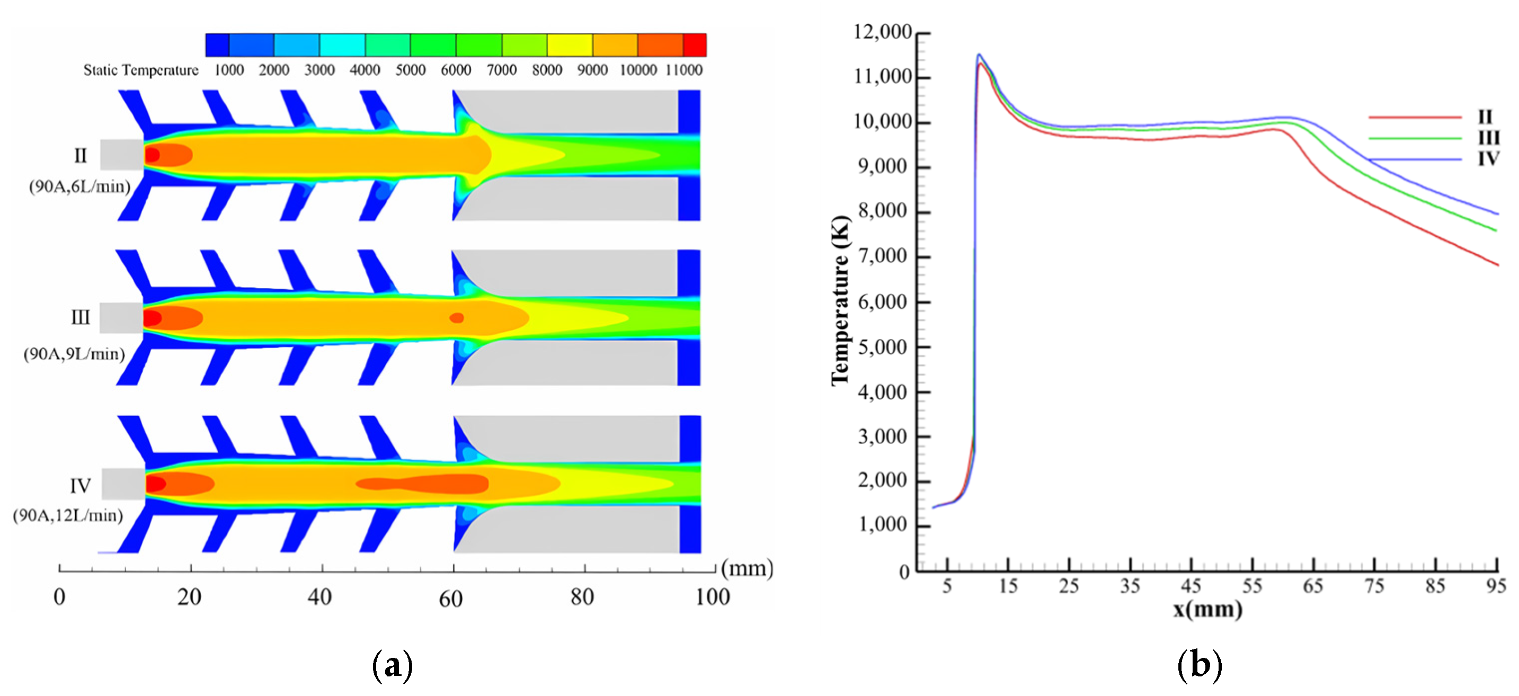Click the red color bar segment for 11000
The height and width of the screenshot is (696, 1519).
[x=695, y=45]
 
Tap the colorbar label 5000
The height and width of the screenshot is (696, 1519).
[x=411, y=70]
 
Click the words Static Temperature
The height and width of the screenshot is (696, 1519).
[x=141, y=70]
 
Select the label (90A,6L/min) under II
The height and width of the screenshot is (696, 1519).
[x=79, y=187]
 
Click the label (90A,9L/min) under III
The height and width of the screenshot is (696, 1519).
[x=74, y=354]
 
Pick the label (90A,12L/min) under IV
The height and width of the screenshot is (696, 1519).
[x=68, y=516]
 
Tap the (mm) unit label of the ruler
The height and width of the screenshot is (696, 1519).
[x=747, y=568]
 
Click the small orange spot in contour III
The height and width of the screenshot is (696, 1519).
[x=456, y=318]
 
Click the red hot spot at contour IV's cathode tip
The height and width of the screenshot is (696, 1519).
[x=155, y=484]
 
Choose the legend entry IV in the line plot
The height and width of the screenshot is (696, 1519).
[x=1488, y=159]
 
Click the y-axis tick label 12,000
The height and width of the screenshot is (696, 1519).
[x=882, y=32]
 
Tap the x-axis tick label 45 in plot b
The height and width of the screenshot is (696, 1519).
[x=1191, y=586]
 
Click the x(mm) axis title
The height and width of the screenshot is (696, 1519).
[x=1207, y=609]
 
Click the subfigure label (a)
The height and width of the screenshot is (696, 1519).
[x=392, y=665]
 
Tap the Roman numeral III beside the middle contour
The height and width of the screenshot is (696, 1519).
[x=80, y=318]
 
